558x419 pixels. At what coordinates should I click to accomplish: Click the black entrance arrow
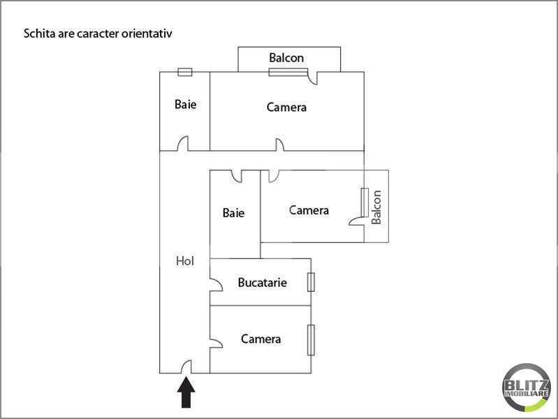tap(186, 392)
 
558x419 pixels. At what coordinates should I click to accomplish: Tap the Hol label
tap(185, 261)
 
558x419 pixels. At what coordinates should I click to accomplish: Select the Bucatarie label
tap(263, 282)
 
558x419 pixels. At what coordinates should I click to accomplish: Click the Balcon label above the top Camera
tap(286, 58)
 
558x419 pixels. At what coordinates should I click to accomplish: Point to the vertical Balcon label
tap(376, 207)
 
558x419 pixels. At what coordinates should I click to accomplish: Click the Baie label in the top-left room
tap(185, 104)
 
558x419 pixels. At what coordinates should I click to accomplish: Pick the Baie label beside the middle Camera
tap(233, 213)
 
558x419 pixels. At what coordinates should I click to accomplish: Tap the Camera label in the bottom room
tap(261, 339)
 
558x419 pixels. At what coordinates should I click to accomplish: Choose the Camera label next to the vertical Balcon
tap(309, 210)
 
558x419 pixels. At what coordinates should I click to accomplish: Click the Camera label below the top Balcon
tap(286, 107)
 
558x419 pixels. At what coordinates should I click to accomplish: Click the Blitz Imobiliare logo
tap(527, 388)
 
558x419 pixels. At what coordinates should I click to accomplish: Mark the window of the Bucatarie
tap(311, 282)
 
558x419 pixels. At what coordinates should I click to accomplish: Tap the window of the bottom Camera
tap(311, 340)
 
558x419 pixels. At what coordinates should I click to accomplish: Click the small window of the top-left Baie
tap(185, 72)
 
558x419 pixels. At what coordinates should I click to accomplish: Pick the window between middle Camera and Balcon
tap(365, 203)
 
